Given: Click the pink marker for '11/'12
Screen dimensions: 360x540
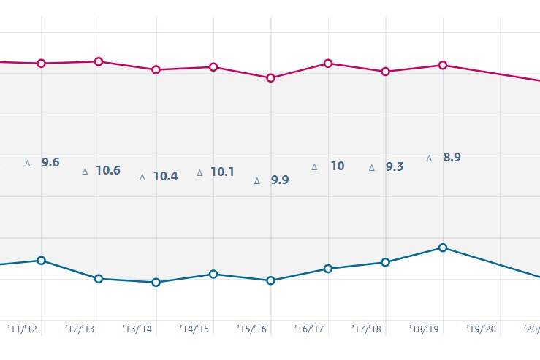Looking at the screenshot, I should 42,64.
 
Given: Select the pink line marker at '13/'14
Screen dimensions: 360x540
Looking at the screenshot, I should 156,69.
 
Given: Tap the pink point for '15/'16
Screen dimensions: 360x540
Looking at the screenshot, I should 270,77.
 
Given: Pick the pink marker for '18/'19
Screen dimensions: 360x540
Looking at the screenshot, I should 443,65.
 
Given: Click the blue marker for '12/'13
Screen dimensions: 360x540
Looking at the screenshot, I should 99,278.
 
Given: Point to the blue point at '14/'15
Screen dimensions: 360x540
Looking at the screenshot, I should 213,274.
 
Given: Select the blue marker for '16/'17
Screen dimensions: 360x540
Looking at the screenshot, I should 328,269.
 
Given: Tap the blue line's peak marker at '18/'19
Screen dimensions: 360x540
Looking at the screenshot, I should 443,248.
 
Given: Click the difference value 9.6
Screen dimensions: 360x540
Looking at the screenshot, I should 50,163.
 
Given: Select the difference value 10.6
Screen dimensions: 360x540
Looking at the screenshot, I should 107,171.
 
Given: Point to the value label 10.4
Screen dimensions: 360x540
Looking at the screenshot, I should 165,176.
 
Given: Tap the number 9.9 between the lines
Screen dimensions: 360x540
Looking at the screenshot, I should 280,180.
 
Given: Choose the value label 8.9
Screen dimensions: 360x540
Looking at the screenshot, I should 452,157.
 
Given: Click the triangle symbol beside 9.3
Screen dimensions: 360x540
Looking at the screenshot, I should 371,167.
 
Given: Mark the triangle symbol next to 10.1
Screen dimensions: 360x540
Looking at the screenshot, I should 199,173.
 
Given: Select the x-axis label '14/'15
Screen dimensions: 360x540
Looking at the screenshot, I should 194,329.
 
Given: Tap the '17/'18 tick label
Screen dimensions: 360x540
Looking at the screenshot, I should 366,329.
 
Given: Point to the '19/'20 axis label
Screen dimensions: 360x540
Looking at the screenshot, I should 482,329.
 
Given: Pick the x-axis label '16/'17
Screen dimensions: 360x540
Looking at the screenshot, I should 309,329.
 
